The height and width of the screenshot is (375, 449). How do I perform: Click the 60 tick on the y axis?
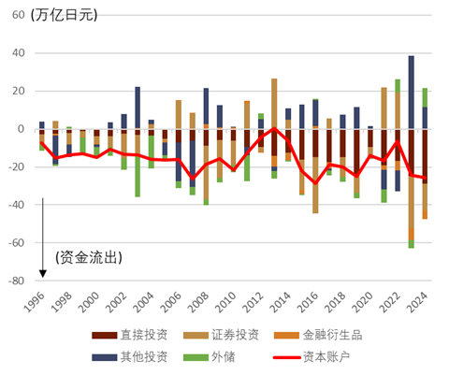click(18, 15)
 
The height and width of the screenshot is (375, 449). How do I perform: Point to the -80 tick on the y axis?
click(16, 281)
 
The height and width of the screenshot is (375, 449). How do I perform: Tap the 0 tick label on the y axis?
click(22, 129)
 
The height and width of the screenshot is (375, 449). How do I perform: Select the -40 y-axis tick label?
click(16, 205)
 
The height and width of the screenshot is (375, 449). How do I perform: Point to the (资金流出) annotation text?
click(90, 255)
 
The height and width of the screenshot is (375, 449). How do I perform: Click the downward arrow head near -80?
click(42, 274)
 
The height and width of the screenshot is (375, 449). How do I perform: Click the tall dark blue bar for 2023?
click(411, 92)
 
